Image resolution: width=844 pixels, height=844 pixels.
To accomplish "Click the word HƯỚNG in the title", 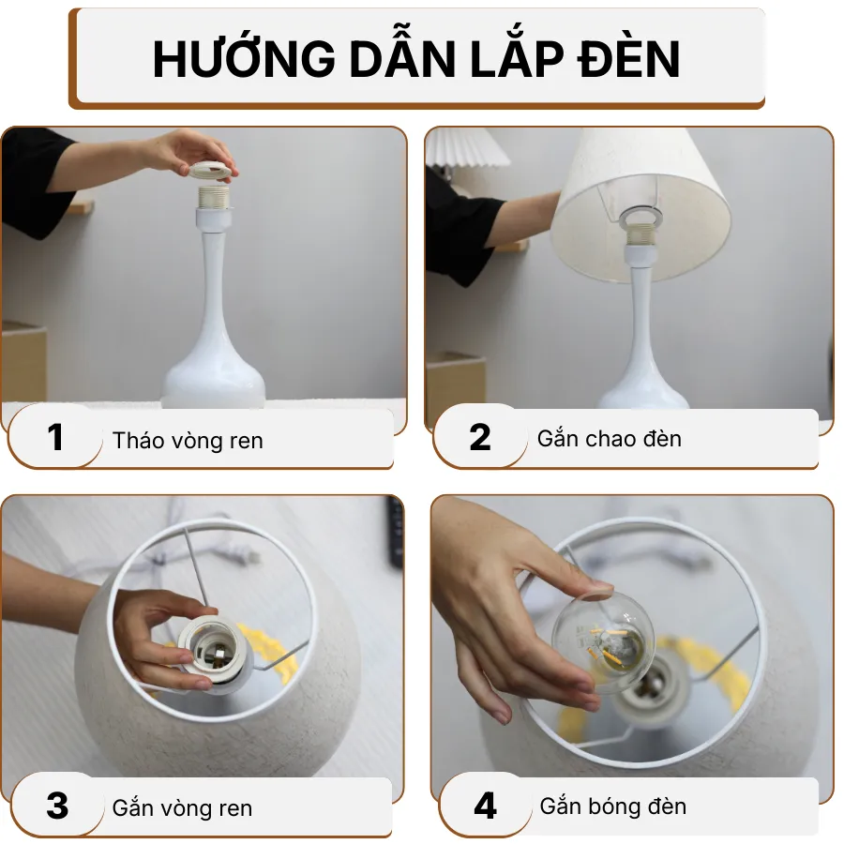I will [241, 59].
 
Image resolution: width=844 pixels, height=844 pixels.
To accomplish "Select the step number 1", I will [55, 438].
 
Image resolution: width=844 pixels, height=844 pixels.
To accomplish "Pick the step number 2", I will [479, 438].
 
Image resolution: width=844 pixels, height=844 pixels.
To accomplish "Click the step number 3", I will [57, 806].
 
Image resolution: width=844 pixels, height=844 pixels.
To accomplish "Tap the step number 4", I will [485, 806].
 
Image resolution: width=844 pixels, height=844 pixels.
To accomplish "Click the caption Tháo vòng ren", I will [188, 441].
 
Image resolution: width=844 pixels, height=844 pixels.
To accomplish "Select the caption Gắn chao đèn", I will [610, 439].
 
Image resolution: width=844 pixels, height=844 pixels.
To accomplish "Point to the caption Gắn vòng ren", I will [182, 808].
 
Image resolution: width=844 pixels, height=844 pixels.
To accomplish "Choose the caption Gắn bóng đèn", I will [613, 806].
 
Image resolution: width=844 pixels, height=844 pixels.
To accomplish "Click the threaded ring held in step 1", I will [212, 171].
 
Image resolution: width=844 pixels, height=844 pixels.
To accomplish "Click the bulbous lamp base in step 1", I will [213, 380].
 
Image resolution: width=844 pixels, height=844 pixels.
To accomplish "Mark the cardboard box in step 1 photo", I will [23, 361].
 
